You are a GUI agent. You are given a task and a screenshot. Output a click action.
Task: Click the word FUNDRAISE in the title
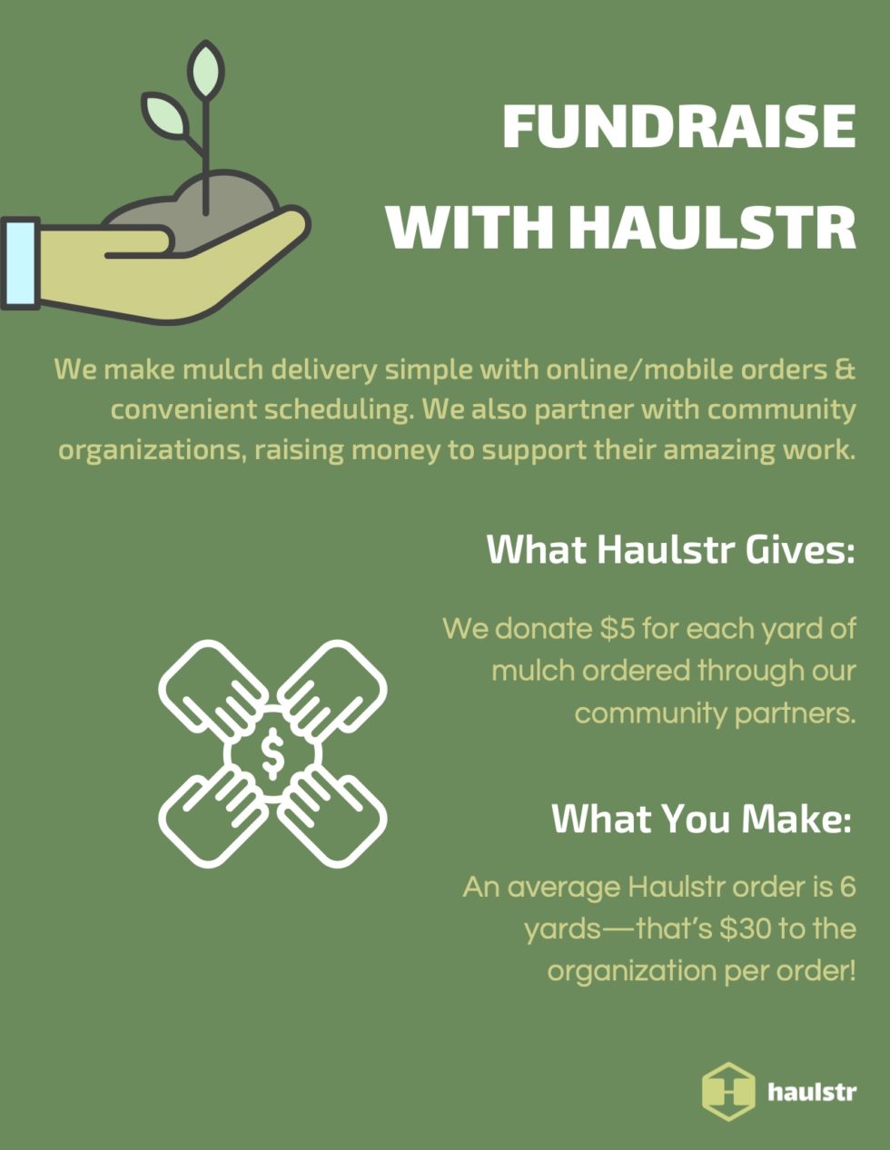(x=679, y=126)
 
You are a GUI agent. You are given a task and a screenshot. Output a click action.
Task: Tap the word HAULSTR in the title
(x=713, y=227)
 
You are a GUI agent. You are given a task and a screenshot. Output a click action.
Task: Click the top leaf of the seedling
(x=206, y=69)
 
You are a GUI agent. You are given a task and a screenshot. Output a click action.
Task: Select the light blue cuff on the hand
(x=20, y=263)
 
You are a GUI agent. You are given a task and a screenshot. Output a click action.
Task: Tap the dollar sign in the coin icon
(x=272, y=753)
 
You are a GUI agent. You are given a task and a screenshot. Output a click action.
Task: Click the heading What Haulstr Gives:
(x=671, y=550)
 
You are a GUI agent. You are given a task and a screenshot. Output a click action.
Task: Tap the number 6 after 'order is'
(x=847, y=887)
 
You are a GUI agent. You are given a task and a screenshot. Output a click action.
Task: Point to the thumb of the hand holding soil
(x=139, y=240)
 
